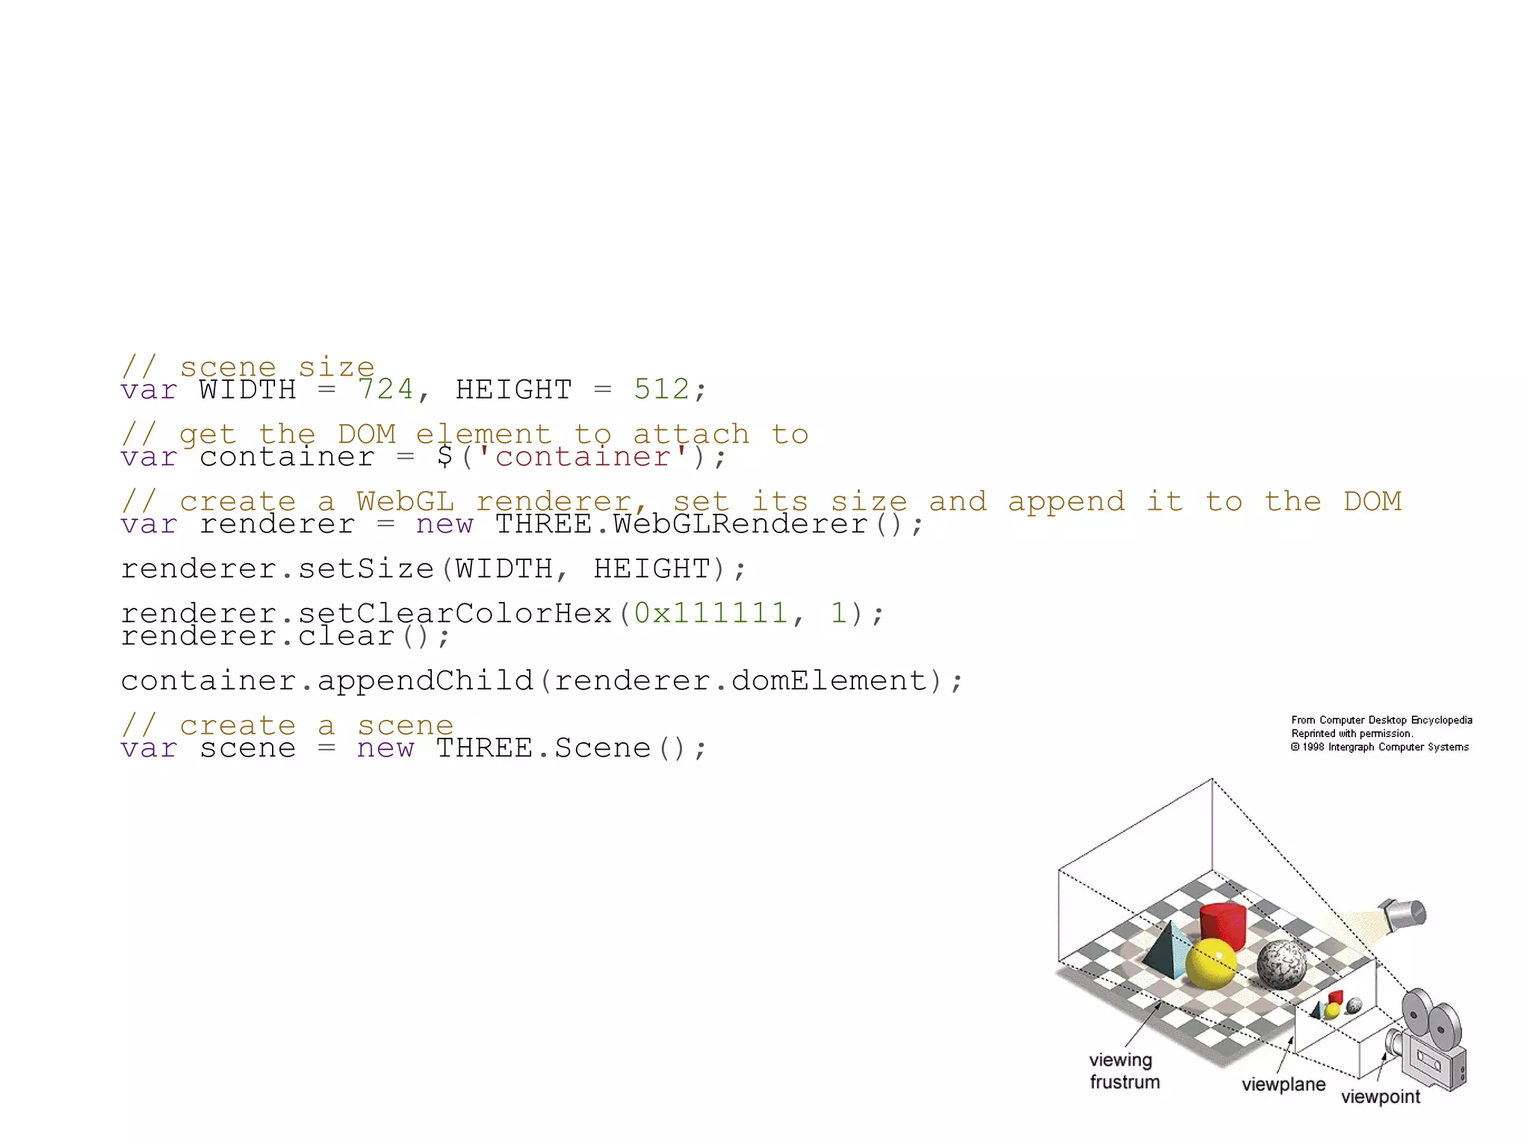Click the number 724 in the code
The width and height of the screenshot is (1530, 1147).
click(x=385, y=389)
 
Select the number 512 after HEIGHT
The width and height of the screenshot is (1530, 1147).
click(x=661, y=389)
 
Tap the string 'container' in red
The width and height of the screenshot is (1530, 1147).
click(x=583, y=456)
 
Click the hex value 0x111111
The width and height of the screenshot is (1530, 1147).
click(x=710, y=613)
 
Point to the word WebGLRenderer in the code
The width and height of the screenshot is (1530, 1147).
click(x=740, y=524)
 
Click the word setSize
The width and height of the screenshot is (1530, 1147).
click(x=365, y=569)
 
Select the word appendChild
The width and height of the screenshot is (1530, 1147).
click(x=425, y=681)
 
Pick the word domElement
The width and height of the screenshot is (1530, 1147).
click(x=829, y=681)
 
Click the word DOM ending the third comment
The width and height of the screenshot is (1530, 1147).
click(x=1372, y=501)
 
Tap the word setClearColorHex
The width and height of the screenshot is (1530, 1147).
click(x=455, y=613)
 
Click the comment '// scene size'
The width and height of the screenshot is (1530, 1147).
click(x=247, y=367)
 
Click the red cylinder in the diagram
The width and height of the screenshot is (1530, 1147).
click(x=1223, y=926)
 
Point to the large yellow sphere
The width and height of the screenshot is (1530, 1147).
click(x=1210, y=963)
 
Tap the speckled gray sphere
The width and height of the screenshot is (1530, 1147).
click(x=1282, y=965)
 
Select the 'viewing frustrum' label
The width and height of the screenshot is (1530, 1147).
click(x=1124, y=1071)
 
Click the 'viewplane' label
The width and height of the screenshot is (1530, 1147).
click(x=1283, y=1084)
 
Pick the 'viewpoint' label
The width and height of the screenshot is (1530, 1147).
click(x=1381, y=1097)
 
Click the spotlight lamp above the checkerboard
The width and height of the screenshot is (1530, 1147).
click(x=1403, y=915)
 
